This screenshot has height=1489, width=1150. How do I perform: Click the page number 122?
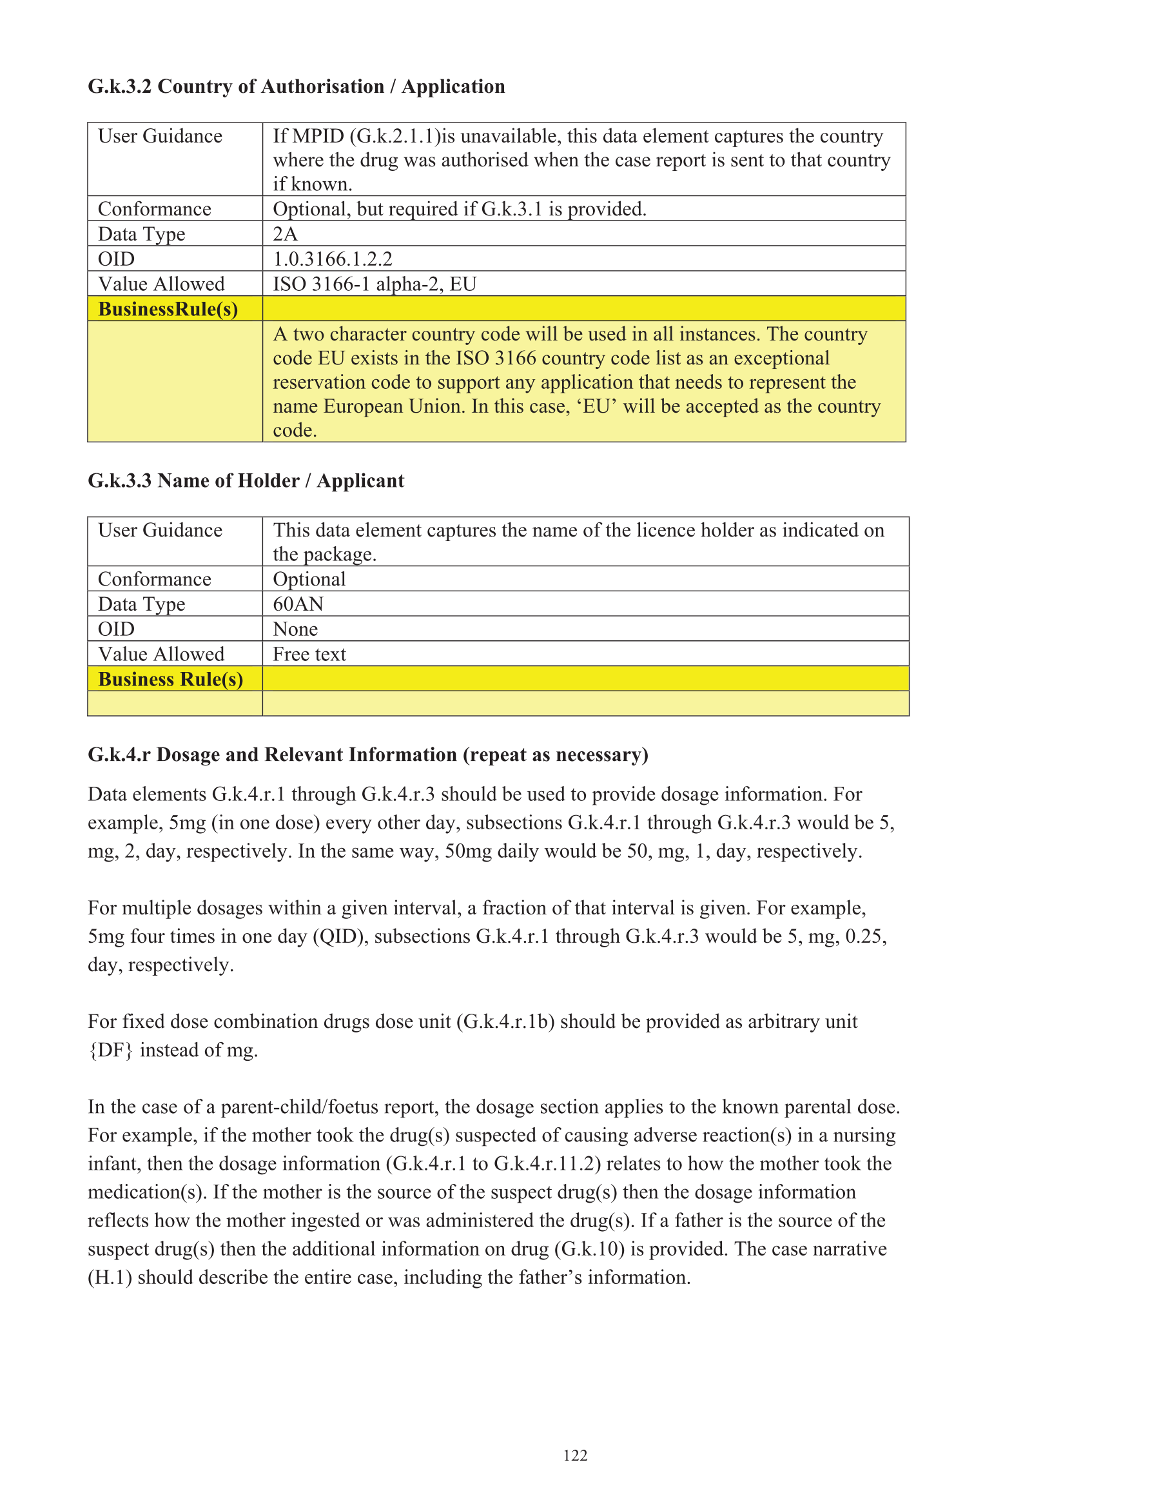coord(574,1455)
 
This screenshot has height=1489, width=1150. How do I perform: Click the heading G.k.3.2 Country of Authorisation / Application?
coord(297,86)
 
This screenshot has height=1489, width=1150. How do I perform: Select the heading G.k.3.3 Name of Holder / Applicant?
coord(246,480)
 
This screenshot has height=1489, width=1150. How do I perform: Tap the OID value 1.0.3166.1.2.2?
coord(333,259)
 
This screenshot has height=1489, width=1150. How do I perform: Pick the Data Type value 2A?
coord(285,234)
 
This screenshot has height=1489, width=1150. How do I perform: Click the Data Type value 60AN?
coord(298,604)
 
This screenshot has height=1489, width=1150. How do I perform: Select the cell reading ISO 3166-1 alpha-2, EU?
coord(375,284)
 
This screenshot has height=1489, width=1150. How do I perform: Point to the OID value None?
coord(295,629)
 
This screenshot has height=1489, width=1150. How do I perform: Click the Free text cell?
coord(309,654)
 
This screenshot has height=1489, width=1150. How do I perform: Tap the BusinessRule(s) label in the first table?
coord(168,309)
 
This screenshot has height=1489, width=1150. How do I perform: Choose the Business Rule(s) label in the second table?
coord(170,679)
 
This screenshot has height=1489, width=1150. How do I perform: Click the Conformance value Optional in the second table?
coord(309,579)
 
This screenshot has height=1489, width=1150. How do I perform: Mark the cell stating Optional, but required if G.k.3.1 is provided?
coord(460,209)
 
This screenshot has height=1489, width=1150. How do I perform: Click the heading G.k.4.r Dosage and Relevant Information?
coord(368,754)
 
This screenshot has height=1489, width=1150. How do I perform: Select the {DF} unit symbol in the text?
coord(110,1050)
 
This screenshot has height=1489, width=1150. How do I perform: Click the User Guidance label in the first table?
coord(161,136)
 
